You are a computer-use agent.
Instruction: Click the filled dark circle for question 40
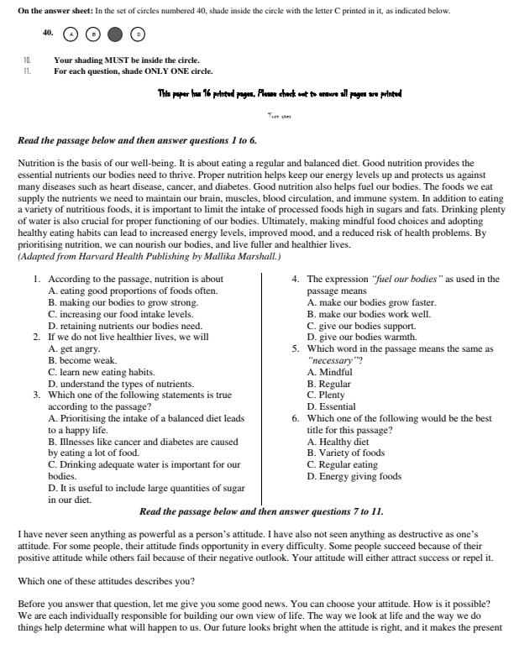[x=116, y=34]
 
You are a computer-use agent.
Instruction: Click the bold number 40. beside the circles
[x=48, y=33]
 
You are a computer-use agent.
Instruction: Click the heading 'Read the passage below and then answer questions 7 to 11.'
[x=261, y=511]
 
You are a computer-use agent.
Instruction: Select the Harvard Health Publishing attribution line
[x=149, y=255]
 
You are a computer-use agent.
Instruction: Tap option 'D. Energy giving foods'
[x=354, y=476]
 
